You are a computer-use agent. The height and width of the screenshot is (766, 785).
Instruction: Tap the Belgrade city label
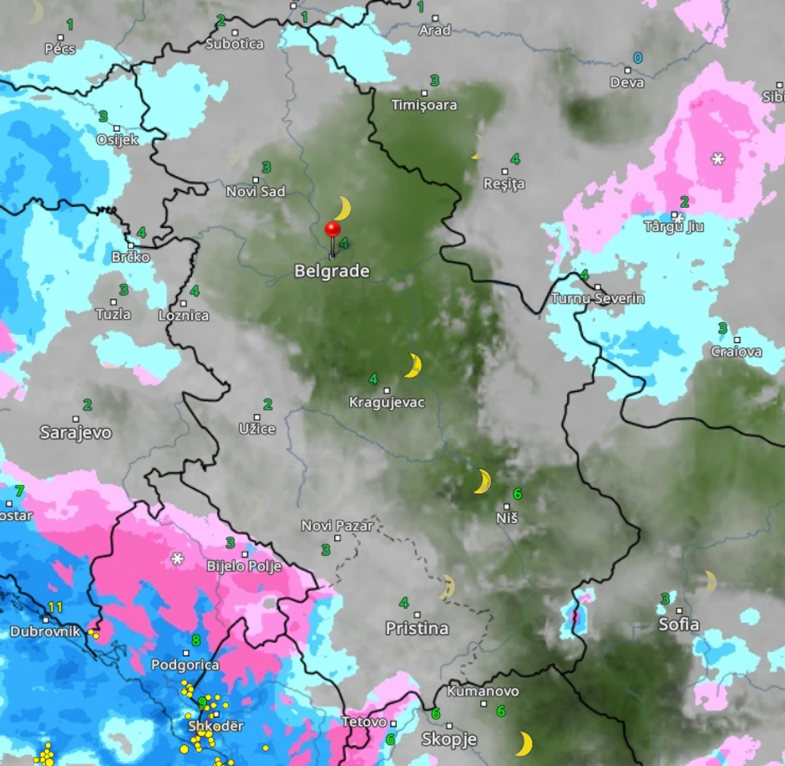[332, 271]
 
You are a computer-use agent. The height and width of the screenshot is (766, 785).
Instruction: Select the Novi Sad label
[256, 192]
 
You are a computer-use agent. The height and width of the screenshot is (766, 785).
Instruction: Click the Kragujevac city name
[387, 403]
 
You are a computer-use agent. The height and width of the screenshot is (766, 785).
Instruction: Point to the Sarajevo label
[75, 433]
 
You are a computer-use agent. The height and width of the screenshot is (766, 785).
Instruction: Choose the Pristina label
[417, 628]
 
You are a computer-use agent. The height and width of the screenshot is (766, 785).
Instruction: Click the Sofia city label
[678, 624]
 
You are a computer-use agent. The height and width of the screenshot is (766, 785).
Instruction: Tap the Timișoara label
[424, 105]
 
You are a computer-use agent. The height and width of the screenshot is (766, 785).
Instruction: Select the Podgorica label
[185, 665]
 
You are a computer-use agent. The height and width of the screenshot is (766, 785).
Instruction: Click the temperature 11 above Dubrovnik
[55, 607]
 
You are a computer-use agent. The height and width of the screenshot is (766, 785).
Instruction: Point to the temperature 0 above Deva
[638, 58]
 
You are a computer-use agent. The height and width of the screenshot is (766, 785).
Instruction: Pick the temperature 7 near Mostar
[19, 491]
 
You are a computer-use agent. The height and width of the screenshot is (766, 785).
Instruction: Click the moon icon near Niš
[482, 481]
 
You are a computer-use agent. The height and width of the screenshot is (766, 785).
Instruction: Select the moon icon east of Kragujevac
[413, 365]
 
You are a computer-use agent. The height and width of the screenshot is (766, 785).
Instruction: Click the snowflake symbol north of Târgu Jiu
[717, 159]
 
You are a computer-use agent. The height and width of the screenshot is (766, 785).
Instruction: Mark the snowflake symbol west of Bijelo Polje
[177, 558]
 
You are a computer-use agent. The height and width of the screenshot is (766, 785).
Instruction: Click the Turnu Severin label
[598, 299]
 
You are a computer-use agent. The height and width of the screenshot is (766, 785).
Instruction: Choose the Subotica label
[235, 44]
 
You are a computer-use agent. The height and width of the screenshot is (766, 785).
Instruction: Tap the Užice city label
[257, 429]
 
